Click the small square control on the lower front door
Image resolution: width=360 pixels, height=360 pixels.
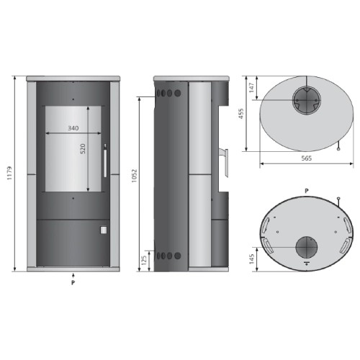tap(102, 231)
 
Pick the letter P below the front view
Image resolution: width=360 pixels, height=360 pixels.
tap(73, 283)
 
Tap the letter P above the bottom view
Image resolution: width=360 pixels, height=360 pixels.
tap(306, 190)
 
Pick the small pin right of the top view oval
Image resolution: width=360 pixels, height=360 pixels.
tap(338, 148)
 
